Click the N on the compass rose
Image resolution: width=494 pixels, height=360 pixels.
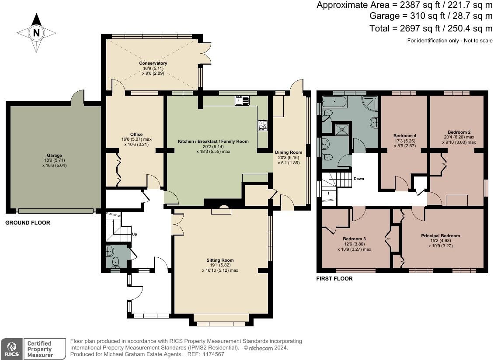[37, 33]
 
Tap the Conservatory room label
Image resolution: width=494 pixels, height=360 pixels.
[153, 63]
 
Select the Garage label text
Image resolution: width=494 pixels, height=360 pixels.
[55, 155]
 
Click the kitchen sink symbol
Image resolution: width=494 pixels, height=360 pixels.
[242, 100]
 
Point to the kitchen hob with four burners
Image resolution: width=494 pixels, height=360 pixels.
[262, 125]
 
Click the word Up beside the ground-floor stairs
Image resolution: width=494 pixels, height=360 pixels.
[135, 234]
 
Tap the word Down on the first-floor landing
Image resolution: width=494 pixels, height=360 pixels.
[359, 179]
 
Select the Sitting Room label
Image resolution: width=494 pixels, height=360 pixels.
[220, 260]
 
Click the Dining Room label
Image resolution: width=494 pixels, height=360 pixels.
[289, 152]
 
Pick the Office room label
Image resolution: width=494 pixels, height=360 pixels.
[136, 134]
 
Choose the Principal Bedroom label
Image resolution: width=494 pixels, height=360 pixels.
[440, 235]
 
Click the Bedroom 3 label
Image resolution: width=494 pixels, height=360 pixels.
[354, 239]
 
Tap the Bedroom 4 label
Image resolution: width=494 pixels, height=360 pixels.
[405, 136]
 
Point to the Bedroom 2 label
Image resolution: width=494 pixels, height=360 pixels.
[459, 132]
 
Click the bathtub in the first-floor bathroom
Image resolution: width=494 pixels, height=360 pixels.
[334, 102]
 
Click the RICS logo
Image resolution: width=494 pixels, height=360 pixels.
[12, 349]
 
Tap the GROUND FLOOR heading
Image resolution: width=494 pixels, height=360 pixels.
[28, 223]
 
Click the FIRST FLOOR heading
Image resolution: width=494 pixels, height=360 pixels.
[334, 278]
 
